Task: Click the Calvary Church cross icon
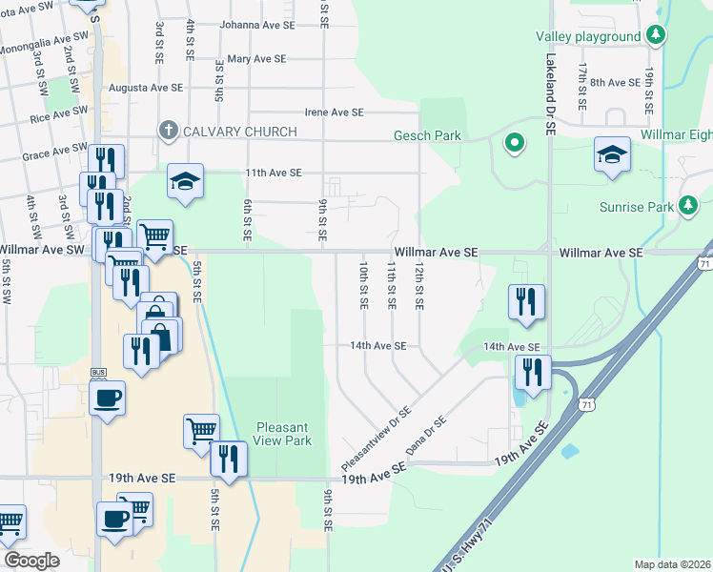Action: pos(169,130)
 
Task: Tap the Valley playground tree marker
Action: pos(655,36)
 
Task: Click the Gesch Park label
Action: pos(427,135)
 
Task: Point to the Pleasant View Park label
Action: pos(283,435)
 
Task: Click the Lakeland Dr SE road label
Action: pos(550,95)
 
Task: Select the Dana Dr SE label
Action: pos(425,435)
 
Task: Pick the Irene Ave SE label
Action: pos(334,112)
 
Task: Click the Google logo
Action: pos(31,561)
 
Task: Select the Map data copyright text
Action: pos(672,564)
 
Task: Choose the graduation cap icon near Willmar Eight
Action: pos(612,154)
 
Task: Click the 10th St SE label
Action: pos(363,285)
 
